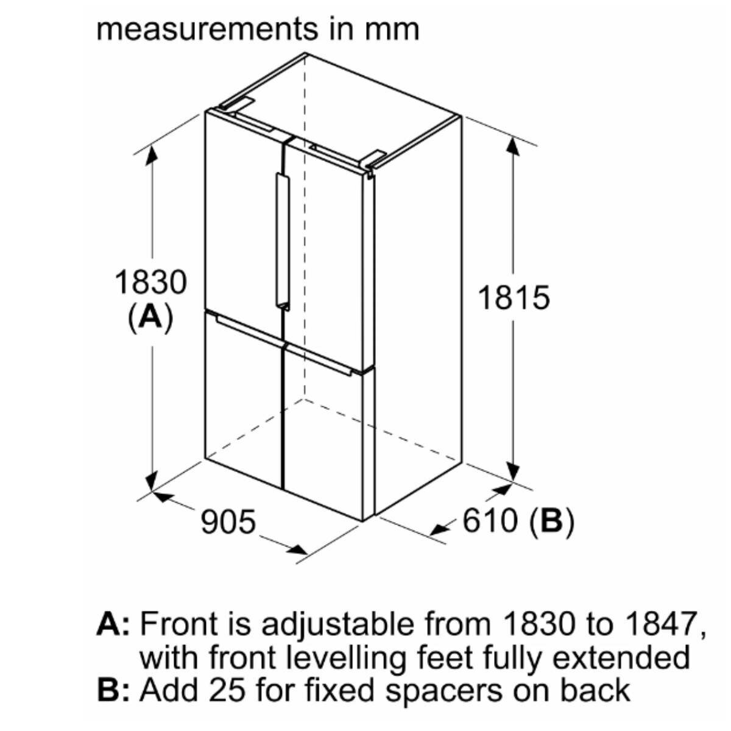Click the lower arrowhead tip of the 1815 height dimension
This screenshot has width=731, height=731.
click(512, 481)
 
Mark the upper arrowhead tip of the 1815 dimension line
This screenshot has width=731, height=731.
click(512, 137)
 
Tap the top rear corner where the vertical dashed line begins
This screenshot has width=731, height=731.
click(305, 54)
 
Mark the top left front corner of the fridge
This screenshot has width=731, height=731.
click(205, 111)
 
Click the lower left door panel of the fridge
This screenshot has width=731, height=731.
click(244, 402)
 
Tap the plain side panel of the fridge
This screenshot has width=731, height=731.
click(417, 315)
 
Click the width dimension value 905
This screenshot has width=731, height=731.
click(228, 522)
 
